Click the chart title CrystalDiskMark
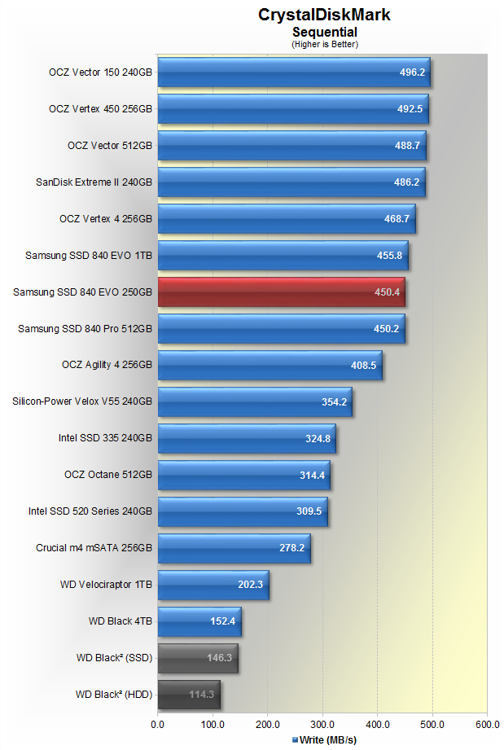point(325,15)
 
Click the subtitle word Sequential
point(325,32)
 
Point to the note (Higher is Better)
point(325,43)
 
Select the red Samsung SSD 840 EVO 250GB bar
point(281,292)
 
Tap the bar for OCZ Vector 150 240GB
point(293,72)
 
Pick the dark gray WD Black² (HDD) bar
point(189,695)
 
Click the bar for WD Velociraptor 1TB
point(213,585)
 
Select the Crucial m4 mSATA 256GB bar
point(234,548)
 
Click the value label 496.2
point(410,72)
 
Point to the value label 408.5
point(362,366)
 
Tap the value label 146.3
point(218,658)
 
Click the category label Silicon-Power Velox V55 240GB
point(82,401)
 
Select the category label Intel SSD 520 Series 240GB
point(90,511)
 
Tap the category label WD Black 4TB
point(121,621)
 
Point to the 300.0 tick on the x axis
point(322,723)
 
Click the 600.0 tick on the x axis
point(487,723)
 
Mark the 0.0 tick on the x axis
point(158,723)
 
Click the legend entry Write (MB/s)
point(325,740)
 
